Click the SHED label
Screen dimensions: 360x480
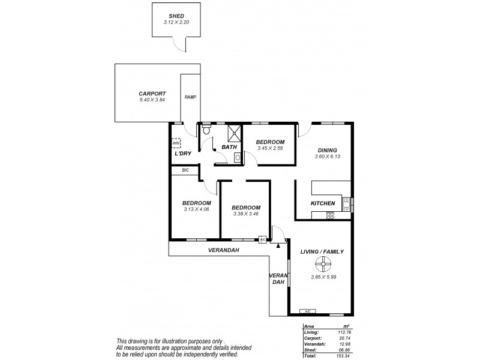pyautogui.click(x=175, y=16)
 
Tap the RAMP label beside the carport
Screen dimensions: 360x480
pyautogui.click(x=190, y=97)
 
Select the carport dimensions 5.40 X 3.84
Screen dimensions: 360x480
pyautogui.click(x=152, y=100)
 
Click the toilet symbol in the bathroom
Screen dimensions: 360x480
pyautogui.click(x=206, y=130)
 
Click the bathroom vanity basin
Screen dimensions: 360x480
pyautogui.click(x=238, y=157)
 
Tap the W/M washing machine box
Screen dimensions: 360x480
pyautogui.click(x=176, y=143)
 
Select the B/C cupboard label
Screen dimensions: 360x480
pyautogui.click(x=185, y=170)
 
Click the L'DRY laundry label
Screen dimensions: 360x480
pyautogui.click(x=183, y=154)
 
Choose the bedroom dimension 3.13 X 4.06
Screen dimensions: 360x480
pyautogui.click(x=196, y=210)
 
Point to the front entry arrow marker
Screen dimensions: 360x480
pyautogui.click(x=278, y=244)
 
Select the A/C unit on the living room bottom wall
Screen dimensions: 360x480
pyautogui.click(x=307, y=311)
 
